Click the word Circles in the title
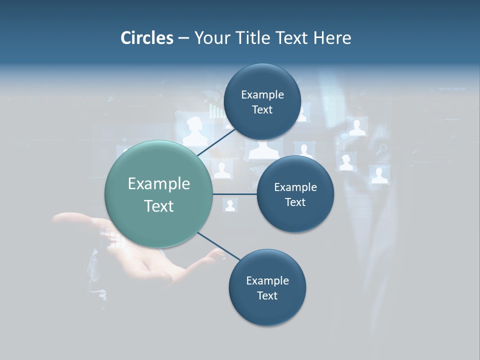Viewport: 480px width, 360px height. click(x=146, y=38)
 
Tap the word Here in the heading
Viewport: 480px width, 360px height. click(x=332, y=38)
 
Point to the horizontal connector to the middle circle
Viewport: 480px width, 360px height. click(x=235, y=194)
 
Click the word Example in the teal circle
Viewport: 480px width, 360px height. click(x=159, y=184)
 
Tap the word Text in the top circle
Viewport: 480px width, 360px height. click(x=262, y=110)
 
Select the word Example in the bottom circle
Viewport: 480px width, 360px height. click(x=267, y=281)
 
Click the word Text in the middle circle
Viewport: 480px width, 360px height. click(x=295, y=202)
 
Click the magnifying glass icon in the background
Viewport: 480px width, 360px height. click(x=381, y=148)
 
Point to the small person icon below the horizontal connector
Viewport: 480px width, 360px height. click(x=230, y=205)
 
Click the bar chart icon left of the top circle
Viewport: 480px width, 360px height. click(x=216, y=111)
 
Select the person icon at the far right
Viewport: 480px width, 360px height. click(x=379, y=174)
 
